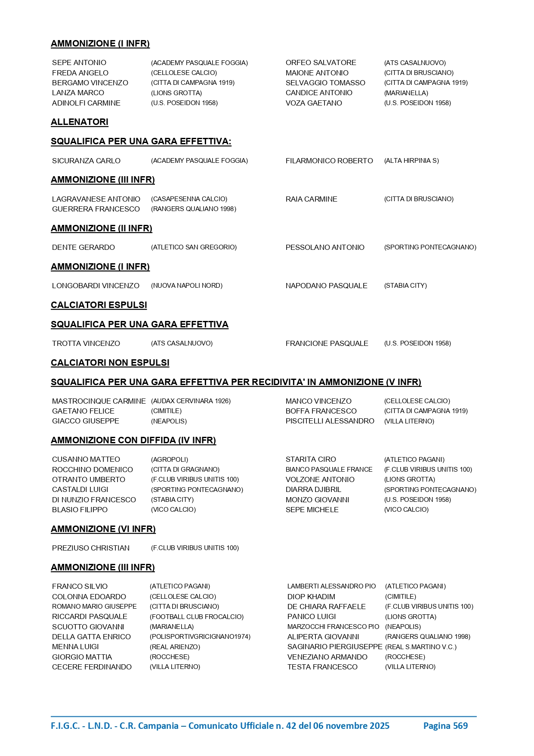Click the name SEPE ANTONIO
pos(79,63)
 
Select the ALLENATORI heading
pos(80,122)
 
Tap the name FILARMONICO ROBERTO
pos(329,161)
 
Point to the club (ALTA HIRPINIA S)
pos(411,161)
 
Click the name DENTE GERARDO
pos(83,247)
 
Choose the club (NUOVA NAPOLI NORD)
pos(187,286)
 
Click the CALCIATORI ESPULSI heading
pos(99,305)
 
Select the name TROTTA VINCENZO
pos(86,343)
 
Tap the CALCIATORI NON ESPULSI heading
pos(110,363)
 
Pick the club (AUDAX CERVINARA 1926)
pos(191,401)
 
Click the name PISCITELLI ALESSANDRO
pos(330,421)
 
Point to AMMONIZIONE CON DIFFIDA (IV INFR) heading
pos(133,440)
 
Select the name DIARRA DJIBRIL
pos(313,489)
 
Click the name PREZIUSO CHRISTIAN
pos(91,548)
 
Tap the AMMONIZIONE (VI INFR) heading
pos(103,529)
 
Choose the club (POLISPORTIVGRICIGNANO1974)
pos(200,637)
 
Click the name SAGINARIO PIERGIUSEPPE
pos(335,647)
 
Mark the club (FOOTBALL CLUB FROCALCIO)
pos(197,617)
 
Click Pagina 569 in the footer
pos(445,726)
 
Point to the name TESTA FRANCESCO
pos(322,667)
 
